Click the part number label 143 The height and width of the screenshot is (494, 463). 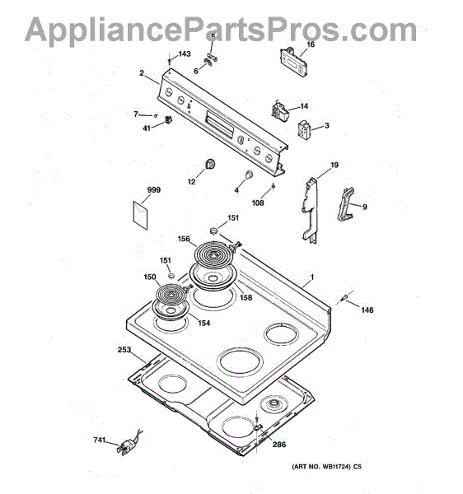[185, 54]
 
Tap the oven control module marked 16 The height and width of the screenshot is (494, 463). [294, 62]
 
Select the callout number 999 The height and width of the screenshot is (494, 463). [154, 190]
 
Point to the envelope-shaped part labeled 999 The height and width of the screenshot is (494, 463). [140, 215]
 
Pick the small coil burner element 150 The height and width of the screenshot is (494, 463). [171, 296]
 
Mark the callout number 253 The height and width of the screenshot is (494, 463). [124, 350]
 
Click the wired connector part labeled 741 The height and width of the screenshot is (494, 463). [129, 443]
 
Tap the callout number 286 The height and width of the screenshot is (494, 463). [279, 445]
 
